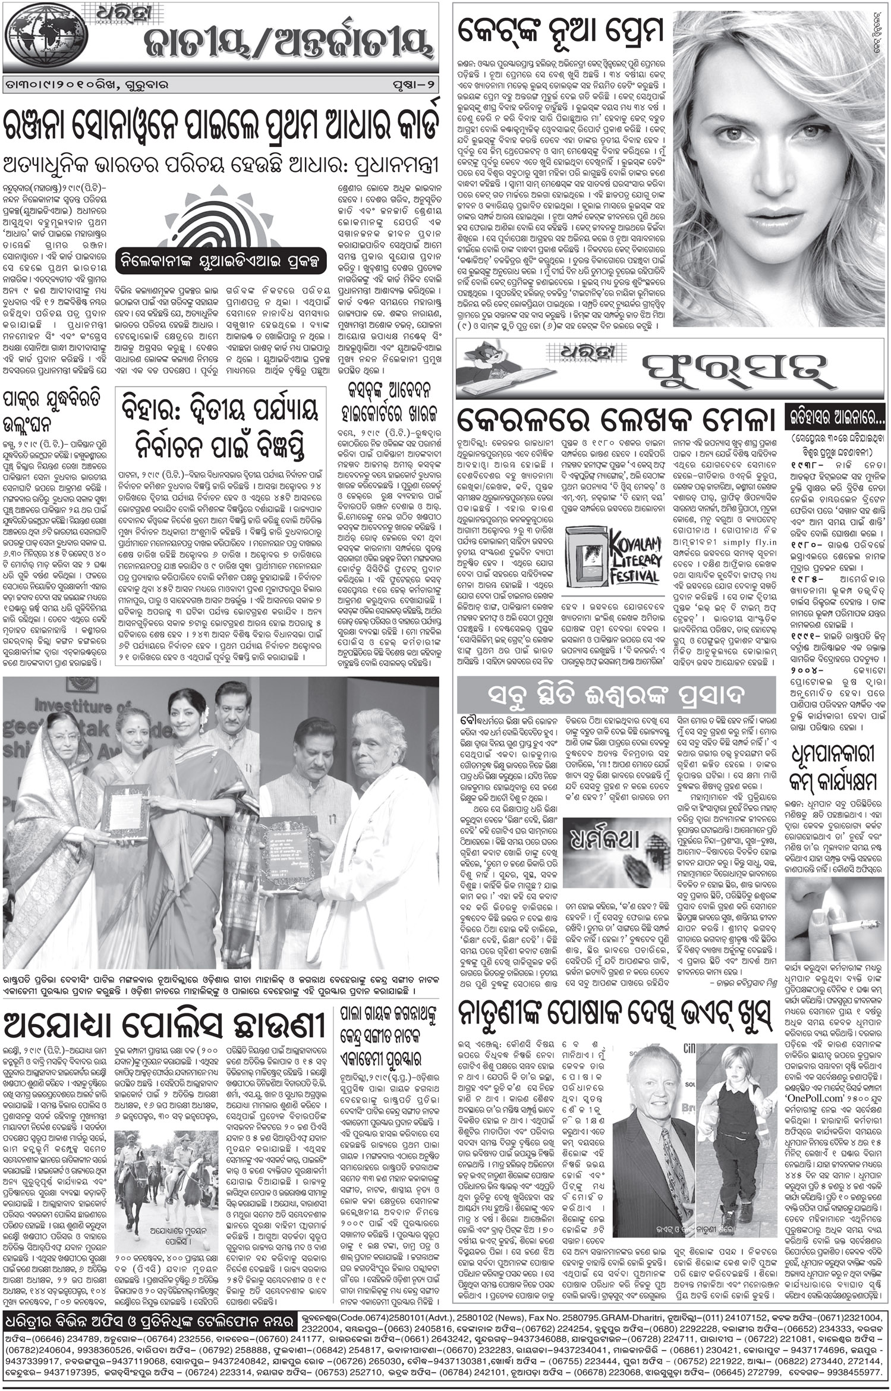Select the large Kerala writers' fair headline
(615, 421)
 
